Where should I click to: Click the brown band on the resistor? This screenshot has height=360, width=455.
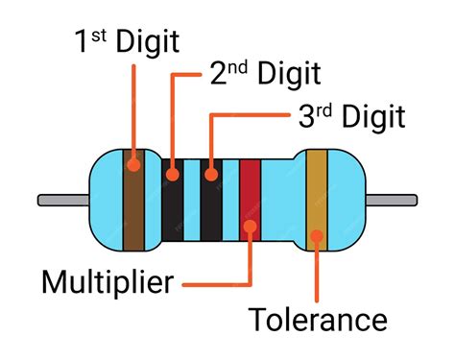coord(133,206)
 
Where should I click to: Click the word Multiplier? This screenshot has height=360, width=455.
coord(108,282)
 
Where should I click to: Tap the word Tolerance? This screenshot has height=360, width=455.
coord(318,321)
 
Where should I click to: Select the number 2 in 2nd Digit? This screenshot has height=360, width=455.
coord(217,75)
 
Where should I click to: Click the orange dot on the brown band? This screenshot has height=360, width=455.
coord(133,164)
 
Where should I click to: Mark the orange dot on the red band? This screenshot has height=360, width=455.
coord(250,228)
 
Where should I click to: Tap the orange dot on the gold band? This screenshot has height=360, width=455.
coord(316,236)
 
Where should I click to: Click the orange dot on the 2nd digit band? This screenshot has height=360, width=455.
coord(172,175)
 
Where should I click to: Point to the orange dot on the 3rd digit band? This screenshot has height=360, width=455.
coord(210,175)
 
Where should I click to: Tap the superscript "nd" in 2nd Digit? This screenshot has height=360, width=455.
coord(236,68)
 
